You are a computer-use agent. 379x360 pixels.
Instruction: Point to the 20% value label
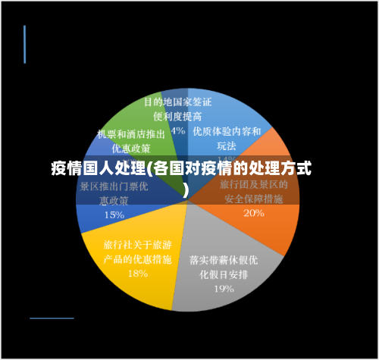pyautogui.click(x=253, y=213)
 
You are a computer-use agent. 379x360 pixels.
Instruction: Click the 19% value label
pyautogui.click(x=223, y=288)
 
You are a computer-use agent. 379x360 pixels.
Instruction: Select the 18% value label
pyautogui.click(x=138, y=274)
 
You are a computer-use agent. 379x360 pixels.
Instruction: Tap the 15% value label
pyautogui.click(x=114, y=214)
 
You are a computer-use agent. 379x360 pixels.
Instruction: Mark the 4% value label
pyautogui.click(x=178, y=130)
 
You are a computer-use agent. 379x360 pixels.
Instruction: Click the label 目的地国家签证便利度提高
pyautogui.click(x=177, y=108)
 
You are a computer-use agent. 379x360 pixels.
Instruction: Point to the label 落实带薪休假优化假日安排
pyautogui.click(x=224, y=267)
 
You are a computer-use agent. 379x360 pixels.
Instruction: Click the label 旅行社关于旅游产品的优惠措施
pyautogui.click(x=136, y=252)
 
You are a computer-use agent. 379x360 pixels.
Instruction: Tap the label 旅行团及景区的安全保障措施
pyautogui.click(x=253, y=192)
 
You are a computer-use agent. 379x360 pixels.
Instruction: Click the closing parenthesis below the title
pyautogui.click(x=186, y=187)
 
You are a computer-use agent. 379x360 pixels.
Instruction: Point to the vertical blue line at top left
pyautogui.click(x=24, y=44)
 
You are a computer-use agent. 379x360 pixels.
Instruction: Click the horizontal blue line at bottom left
pyautogui.click(x=52, y=318)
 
